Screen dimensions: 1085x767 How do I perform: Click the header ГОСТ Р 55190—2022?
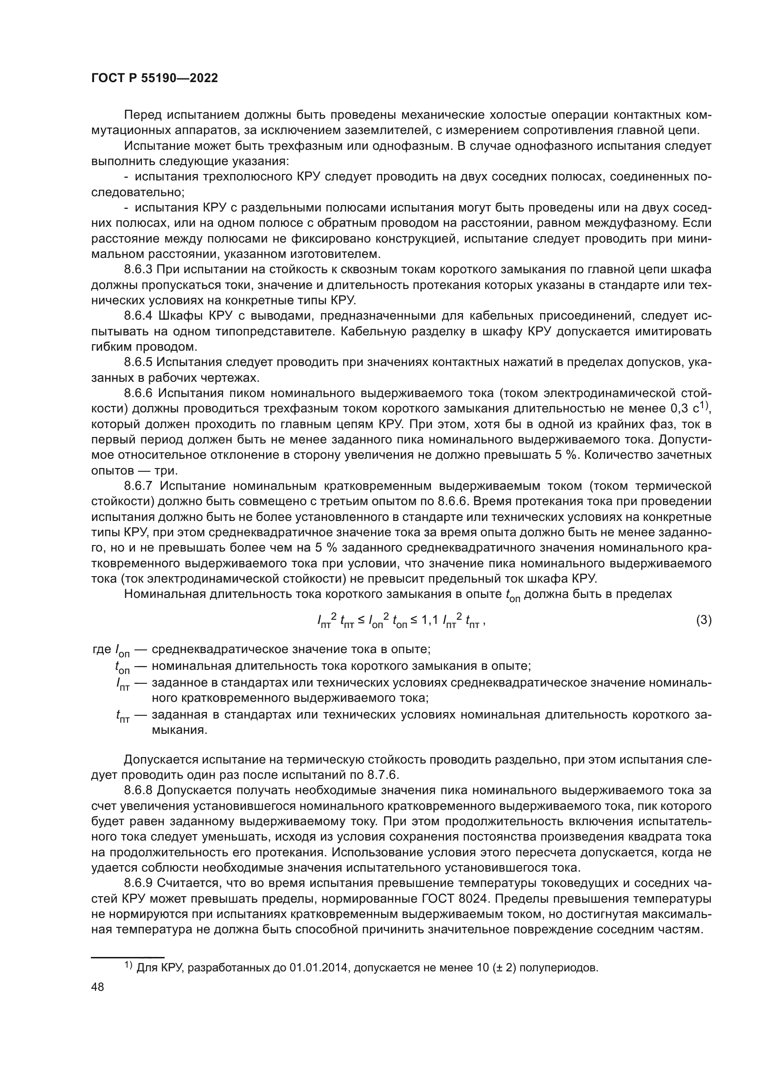154,78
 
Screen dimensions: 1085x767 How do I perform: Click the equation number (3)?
704,620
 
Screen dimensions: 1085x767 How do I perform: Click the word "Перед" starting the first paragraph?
139,116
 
